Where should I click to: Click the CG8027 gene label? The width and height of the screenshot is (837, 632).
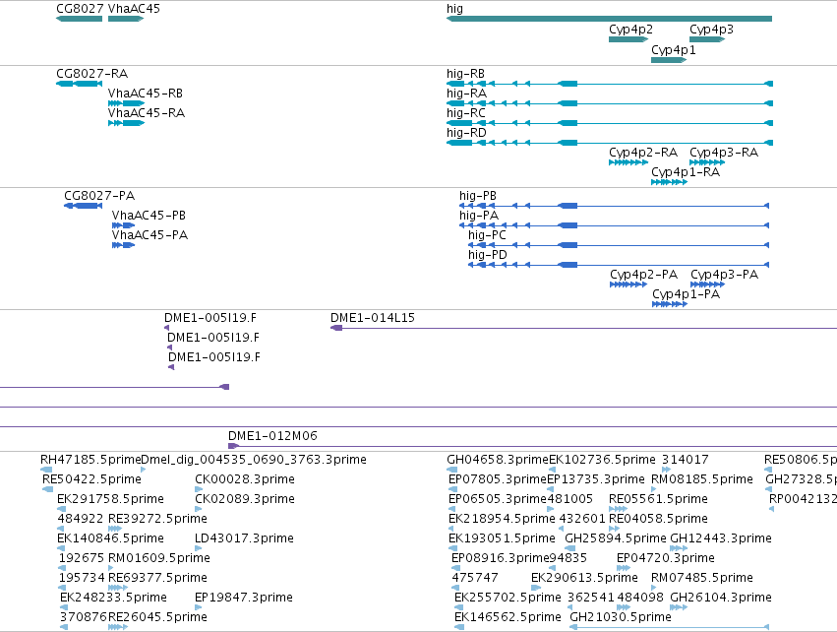coord(80,9)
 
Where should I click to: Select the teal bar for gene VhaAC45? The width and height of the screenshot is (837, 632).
coord(126,19)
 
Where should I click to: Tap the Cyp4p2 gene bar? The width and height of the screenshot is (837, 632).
coord(628,39)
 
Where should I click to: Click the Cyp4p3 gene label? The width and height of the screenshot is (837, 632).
coord(711,30)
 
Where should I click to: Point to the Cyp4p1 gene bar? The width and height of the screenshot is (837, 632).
coord(669,60)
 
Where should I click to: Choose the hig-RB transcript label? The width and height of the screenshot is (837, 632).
coord(465,74)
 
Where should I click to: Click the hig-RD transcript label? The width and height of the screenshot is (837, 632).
coord(466,133)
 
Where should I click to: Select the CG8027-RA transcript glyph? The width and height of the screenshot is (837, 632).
coord(79,84)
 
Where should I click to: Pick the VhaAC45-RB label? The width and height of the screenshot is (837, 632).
coord(146,94)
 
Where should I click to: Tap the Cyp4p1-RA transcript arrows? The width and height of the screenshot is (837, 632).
coord(669,182)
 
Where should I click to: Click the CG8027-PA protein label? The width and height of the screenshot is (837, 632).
coord(99,196)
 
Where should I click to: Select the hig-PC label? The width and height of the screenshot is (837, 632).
coord(487,235)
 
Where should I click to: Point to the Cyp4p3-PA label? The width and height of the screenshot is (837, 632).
coord(724,275)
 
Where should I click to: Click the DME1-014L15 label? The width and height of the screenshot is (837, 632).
coord(373,318)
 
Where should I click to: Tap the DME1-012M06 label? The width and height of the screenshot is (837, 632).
coord(272,436)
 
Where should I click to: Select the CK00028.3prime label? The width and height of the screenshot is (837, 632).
coord(245,479)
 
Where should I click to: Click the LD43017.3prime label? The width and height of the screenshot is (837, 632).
coord(244,538)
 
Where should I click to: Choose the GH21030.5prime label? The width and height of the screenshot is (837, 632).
coord(621,617)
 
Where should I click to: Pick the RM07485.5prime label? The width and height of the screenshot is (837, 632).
coord(702,578)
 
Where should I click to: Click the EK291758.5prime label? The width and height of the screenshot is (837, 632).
coord(110,499)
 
